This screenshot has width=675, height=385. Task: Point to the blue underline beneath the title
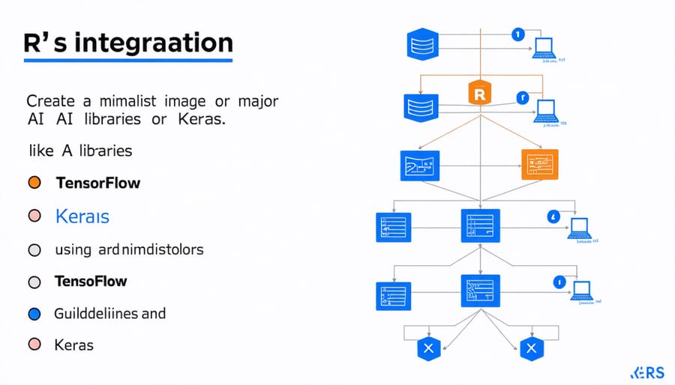click(x=124, y=59)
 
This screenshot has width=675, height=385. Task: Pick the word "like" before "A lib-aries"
click(x=40, y=151)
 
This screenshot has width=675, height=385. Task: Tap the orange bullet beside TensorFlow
click(x=33, y=183)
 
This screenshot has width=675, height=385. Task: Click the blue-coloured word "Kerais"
click(x=82, y=217)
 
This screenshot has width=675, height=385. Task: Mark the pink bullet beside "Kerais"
click(x=33, y=216)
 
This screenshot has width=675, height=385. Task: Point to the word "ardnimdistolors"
click(x=150, y=249)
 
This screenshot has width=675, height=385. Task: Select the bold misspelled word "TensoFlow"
click(x=91, y=282)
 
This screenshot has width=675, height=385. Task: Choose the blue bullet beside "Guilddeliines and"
click(x=33, y=314)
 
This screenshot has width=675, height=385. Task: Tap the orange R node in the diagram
click(x=479, y=94)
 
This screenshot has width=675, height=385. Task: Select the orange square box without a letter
click(x=541, y=164)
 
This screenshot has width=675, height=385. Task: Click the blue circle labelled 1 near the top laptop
click(x=515, y=34)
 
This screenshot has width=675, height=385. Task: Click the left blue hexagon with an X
click(x=429, y=348)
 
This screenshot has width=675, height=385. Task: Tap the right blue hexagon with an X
click(x=532, y=348)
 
